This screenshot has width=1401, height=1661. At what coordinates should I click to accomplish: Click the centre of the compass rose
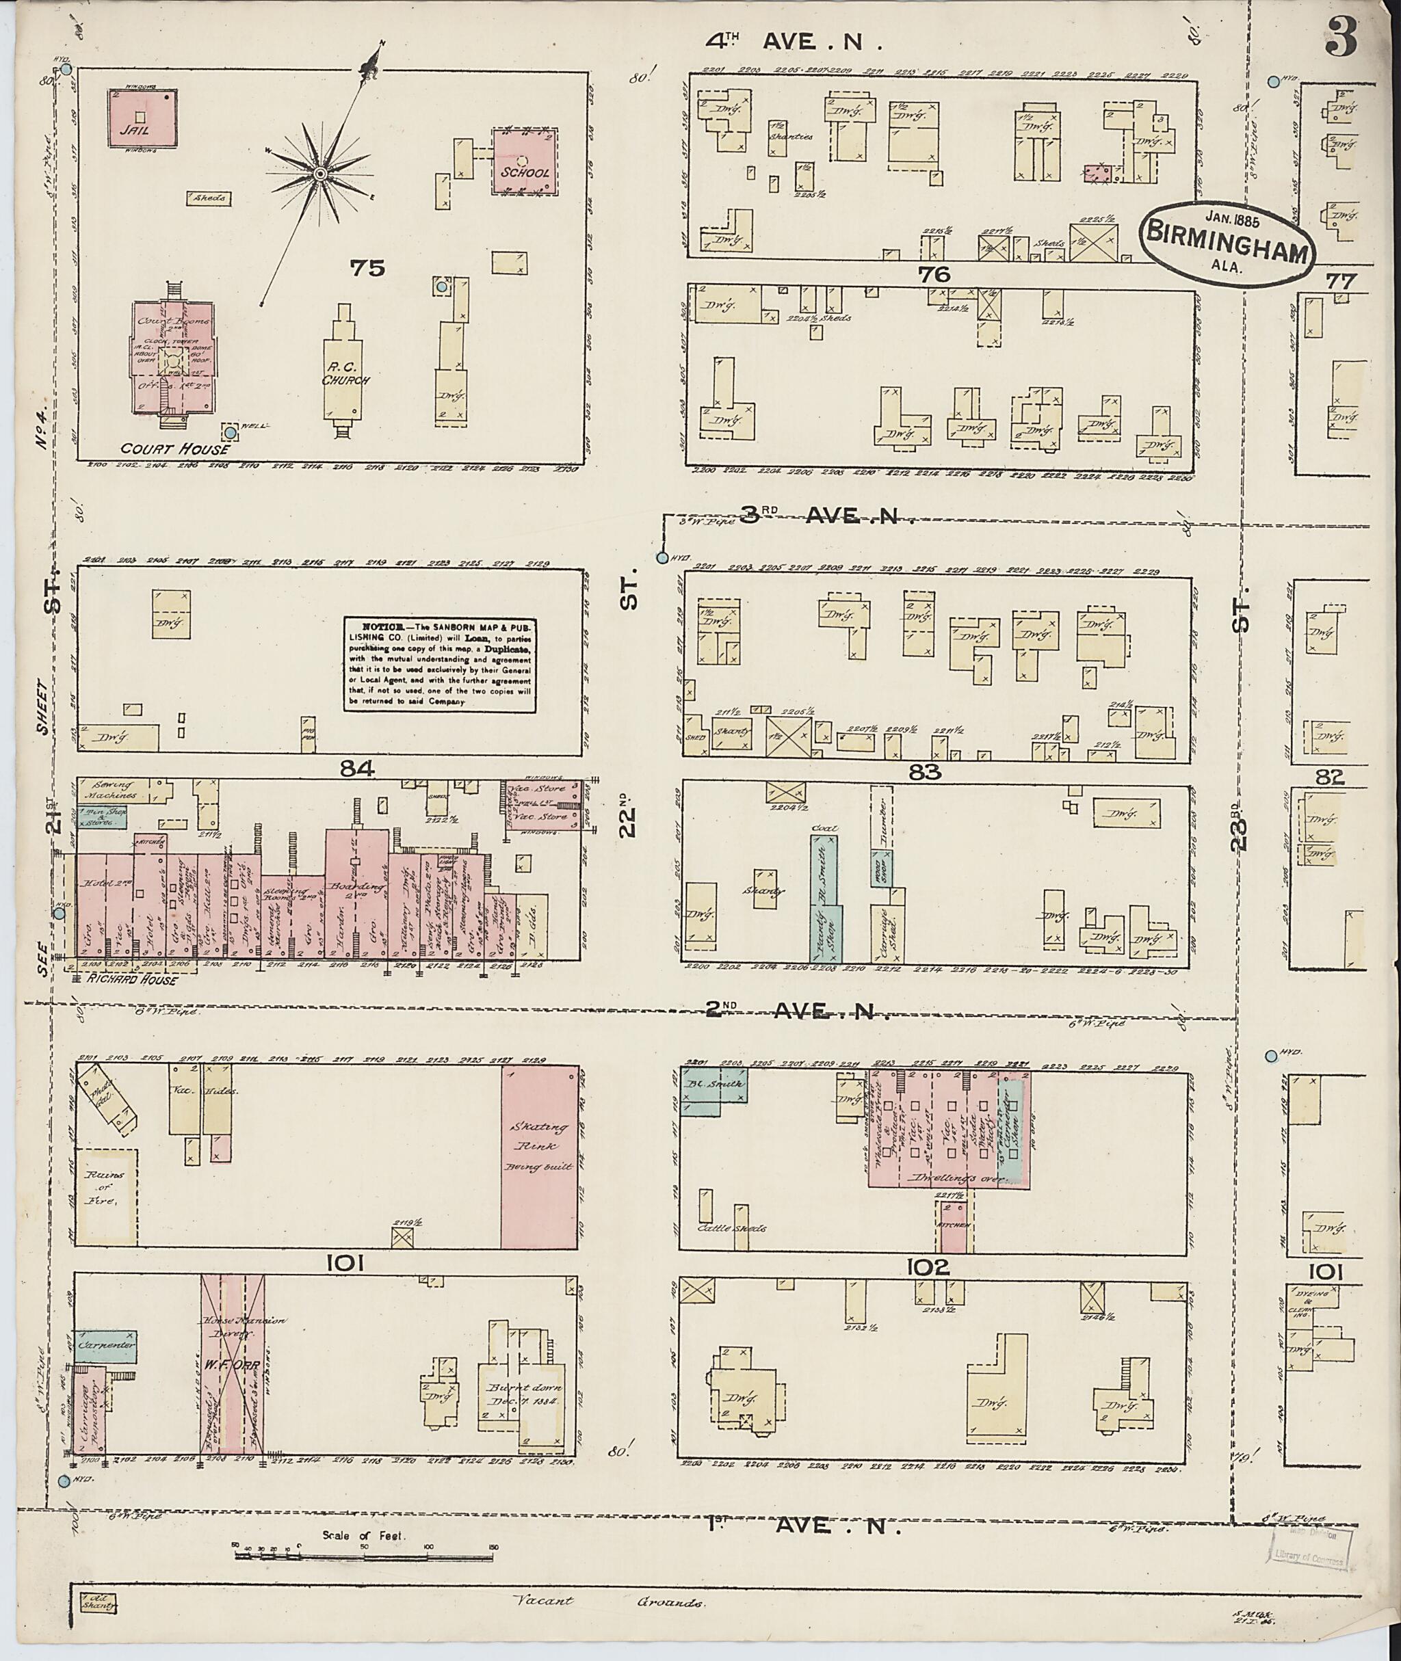320,174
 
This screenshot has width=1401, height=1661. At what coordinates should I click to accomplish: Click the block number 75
368,268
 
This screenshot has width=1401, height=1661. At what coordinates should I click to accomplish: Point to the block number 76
932,275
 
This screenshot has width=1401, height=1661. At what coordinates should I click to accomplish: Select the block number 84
356,768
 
